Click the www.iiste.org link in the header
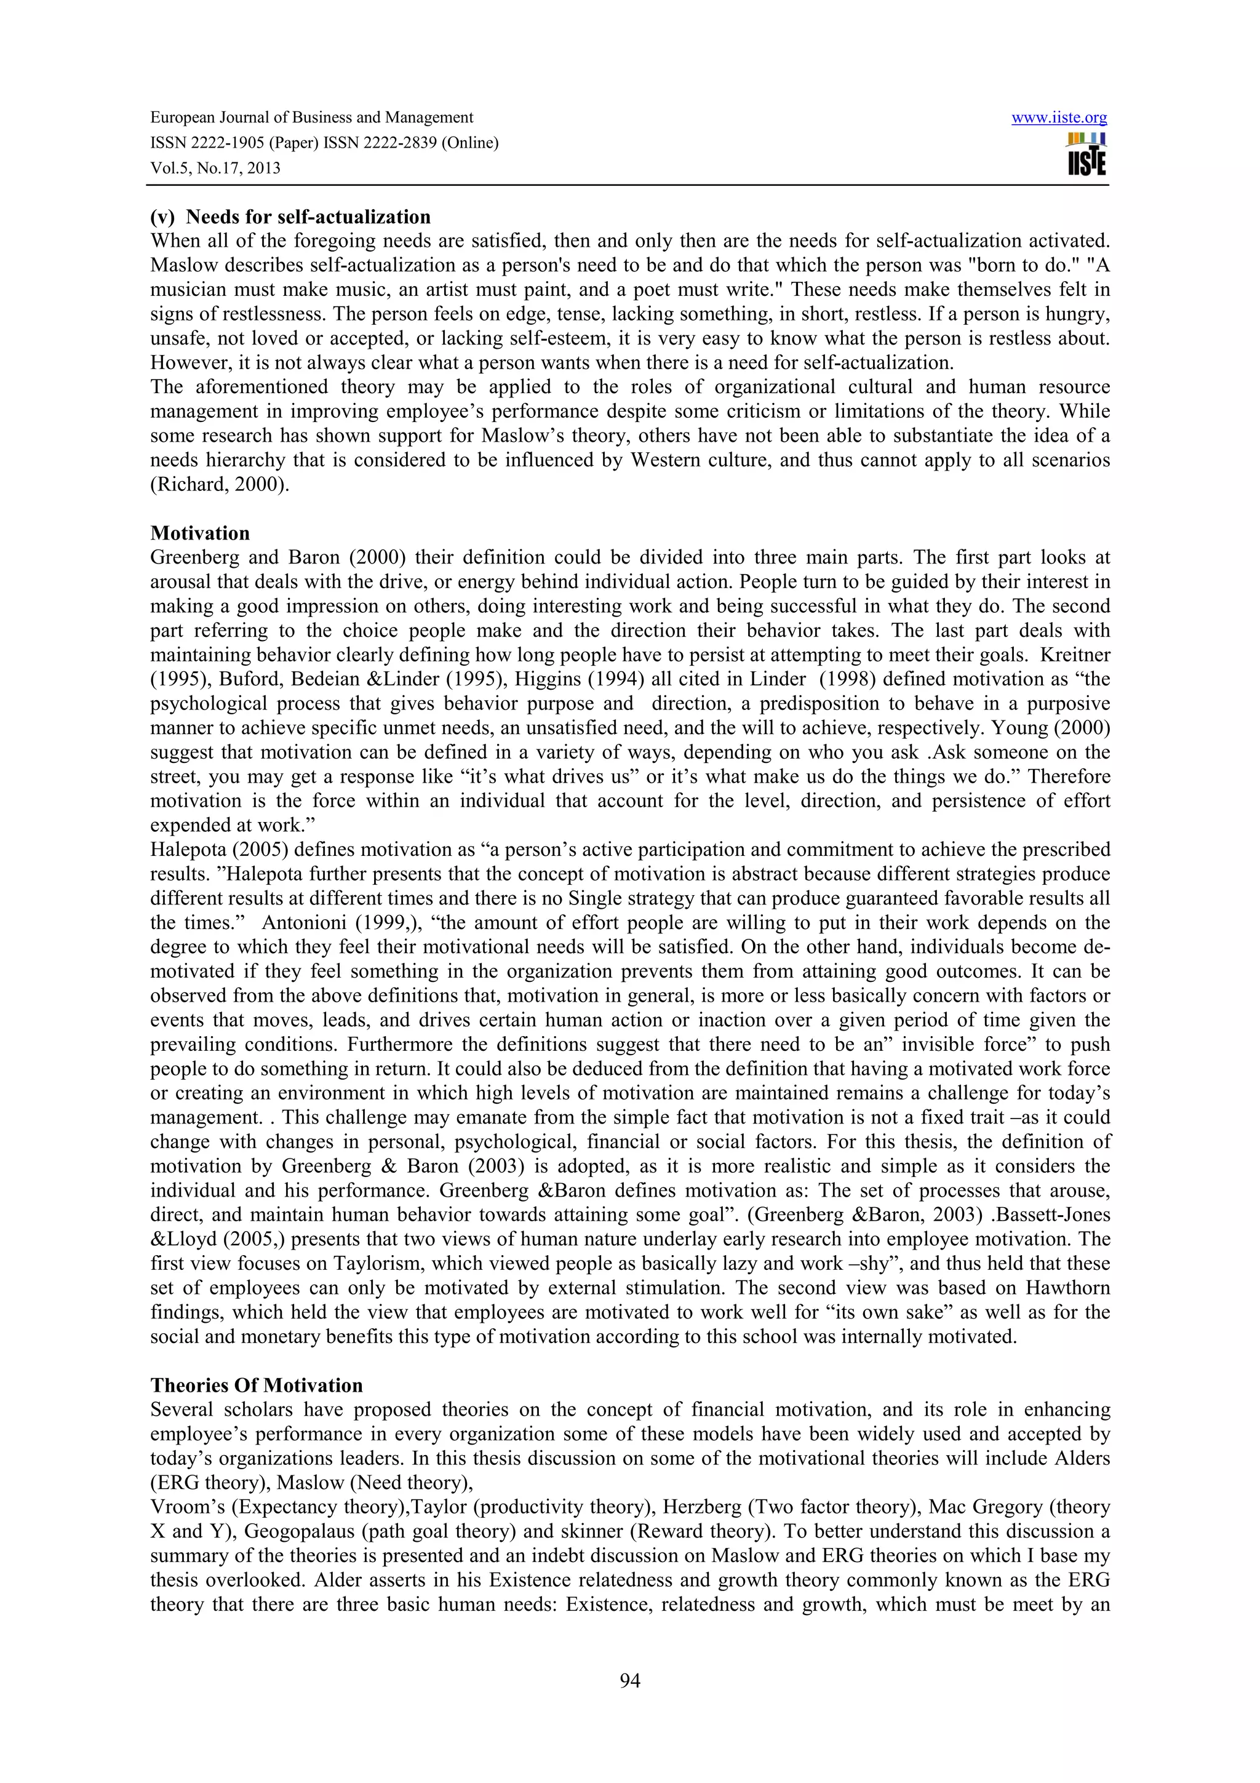click(1059, 118)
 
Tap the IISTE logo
click(1086, 154)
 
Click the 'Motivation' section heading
click(201, 533)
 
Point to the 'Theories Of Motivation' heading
click(256, 1386)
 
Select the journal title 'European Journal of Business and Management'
click(311, 118)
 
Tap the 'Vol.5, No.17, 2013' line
click(215, 169)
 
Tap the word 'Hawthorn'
click(1067, 1288)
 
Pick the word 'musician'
click(185, 290)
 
